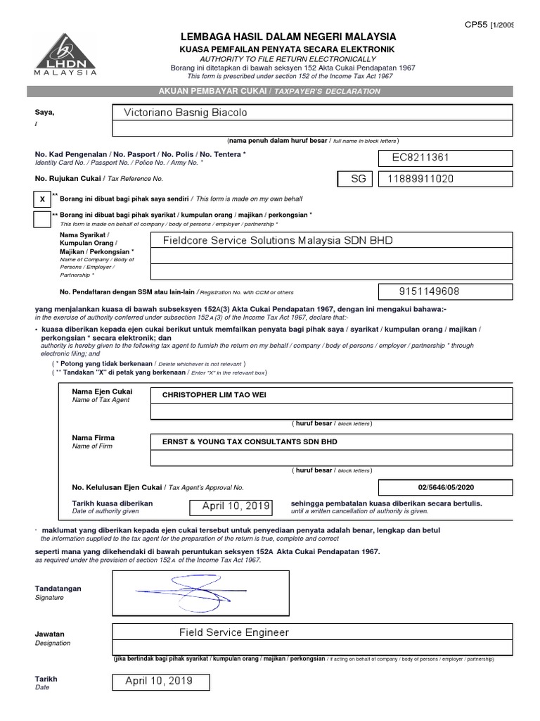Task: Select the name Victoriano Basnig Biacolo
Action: pos(186,113)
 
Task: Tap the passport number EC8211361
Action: pos(420,158)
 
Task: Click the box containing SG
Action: pos(359,179)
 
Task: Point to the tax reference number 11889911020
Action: pos(420,179)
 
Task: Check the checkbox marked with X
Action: pos(41,199)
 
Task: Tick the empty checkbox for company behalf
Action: pos(41,219)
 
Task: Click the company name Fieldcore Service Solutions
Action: pos(277,240)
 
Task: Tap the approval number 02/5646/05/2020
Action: pos(446,487)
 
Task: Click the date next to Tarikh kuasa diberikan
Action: pos(236,506)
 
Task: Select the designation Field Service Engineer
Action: pos(233,632)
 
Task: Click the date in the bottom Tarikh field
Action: pos(158,681)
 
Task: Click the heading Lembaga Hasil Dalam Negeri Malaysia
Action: pos(288,37)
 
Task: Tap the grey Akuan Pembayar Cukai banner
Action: pos(270,91)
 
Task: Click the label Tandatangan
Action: pos(58,589)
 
